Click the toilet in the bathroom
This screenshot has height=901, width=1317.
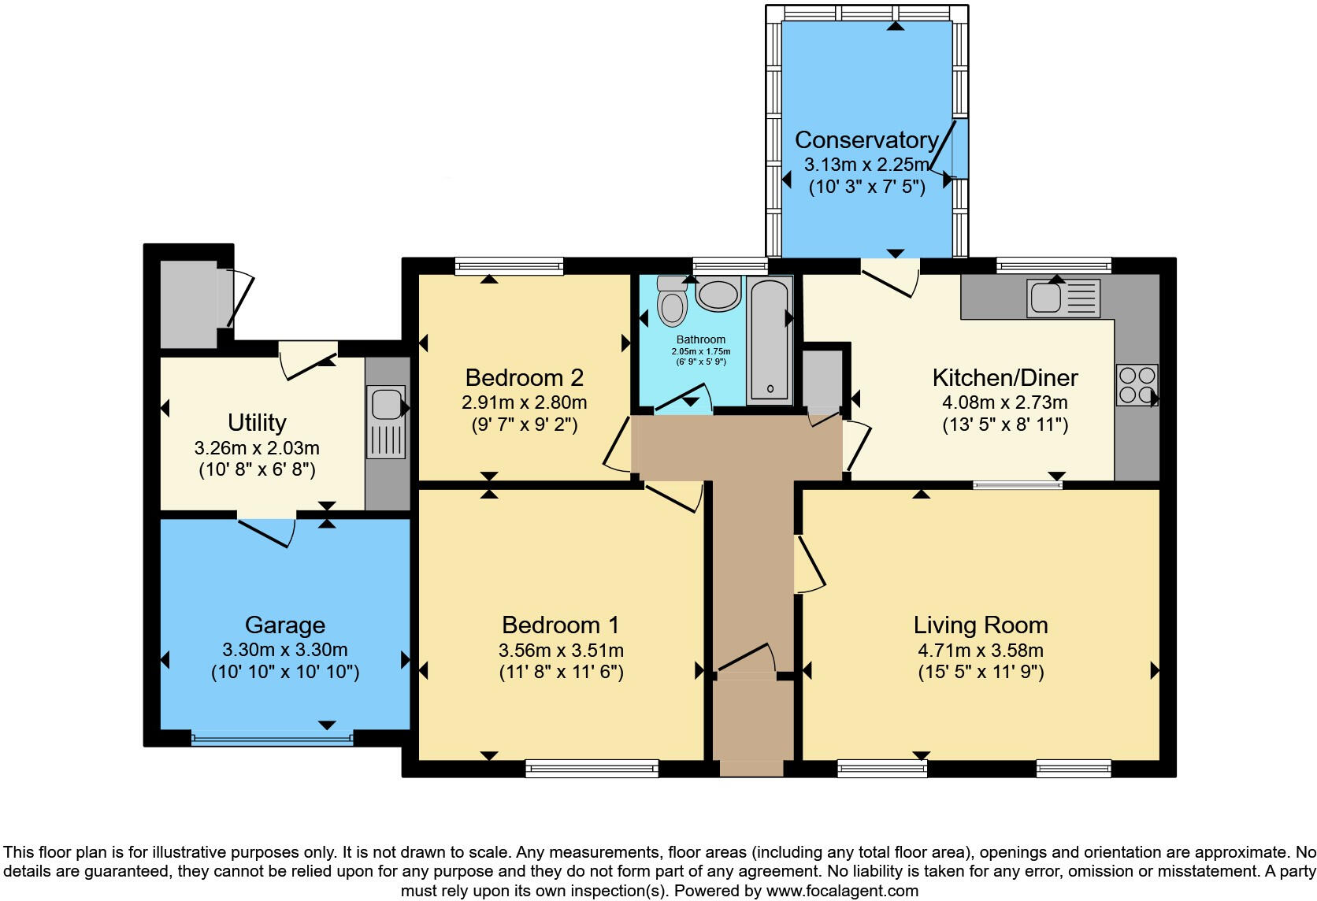click(672, 302)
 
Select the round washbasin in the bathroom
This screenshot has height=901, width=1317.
click(718, 295)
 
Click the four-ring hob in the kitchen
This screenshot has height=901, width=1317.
click(1137, 384)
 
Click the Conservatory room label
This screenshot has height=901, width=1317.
click(866, 140)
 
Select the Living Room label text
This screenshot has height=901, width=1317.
click(980, 625)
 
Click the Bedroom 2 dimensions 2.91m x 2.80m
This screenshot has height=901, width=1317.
click(524, 402)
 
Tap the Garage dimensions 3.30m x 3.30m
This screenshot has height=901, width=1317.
click(284, 651)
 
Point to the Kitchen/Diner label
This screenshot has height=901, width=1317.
click(1004, 378)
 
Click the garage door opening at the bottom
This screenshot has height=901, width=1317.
click(272, 740)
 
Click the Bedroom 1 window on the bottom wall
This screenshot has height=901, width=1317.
click(592, 768)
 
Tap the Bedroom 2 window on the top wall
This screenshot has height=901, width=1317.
click(509, 266)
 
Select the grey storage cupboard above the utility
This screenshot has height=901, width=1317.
click(188, 304)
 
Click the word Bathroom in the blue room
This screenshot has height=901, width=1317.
click(700, 339)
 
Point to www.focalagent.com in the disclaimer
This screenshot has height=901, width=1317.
click(842, 892)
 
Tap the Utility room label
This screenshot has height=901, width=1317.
click(257, 423)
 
